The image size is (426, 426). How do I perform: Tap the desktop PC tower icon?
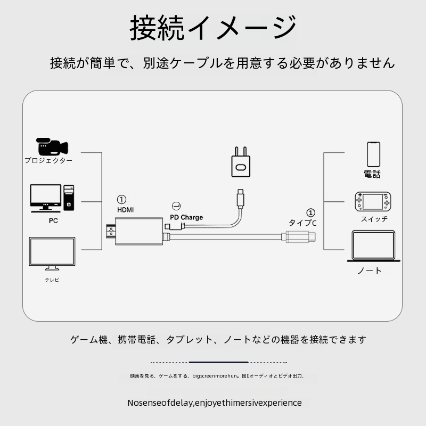pyautogui.click(x=69, y=198)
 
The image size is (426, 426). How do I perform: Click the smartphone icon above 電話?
pyautogui.click(x=373, y=154)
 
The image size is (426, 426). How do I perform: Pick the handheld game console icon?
pyautogui.click(x=373, y=201)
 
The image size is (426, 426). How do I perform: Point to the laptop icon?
pyautogui.click(x=372, y=245)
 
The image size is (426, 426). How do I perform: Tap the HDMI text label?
pyautogui.click(x=125, y=210)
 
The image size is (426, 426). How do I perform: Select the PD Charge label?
pyautogui.click(x=186, y=217)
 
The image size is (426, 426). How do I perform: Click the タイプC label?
pyautogui.click(x=302, y=223)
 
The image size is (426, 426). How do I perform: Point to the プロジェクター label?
pyautogui.click(x=48, y=160)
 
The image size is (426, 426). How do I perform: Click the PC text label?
pyautogui.click(x=53, y=220)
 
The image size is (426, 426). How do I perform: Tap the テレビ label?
pyautogui.click(x=52, y=280)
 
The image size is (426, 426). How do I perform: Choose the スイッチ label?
pyautogui.click(x=374, y=219)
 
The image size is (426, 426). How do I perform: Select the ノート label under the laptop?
pyautogui.click(x=370, y=271)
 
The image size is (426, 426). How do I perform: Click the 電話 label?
pyautogui.click(x=372, y=174)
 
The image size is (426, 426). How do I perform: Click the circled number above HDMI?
pyautogui.click(x=122, y=199)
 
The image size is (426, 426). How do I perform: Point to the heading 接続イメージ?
pyautogui.click(x=213, y=28)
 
